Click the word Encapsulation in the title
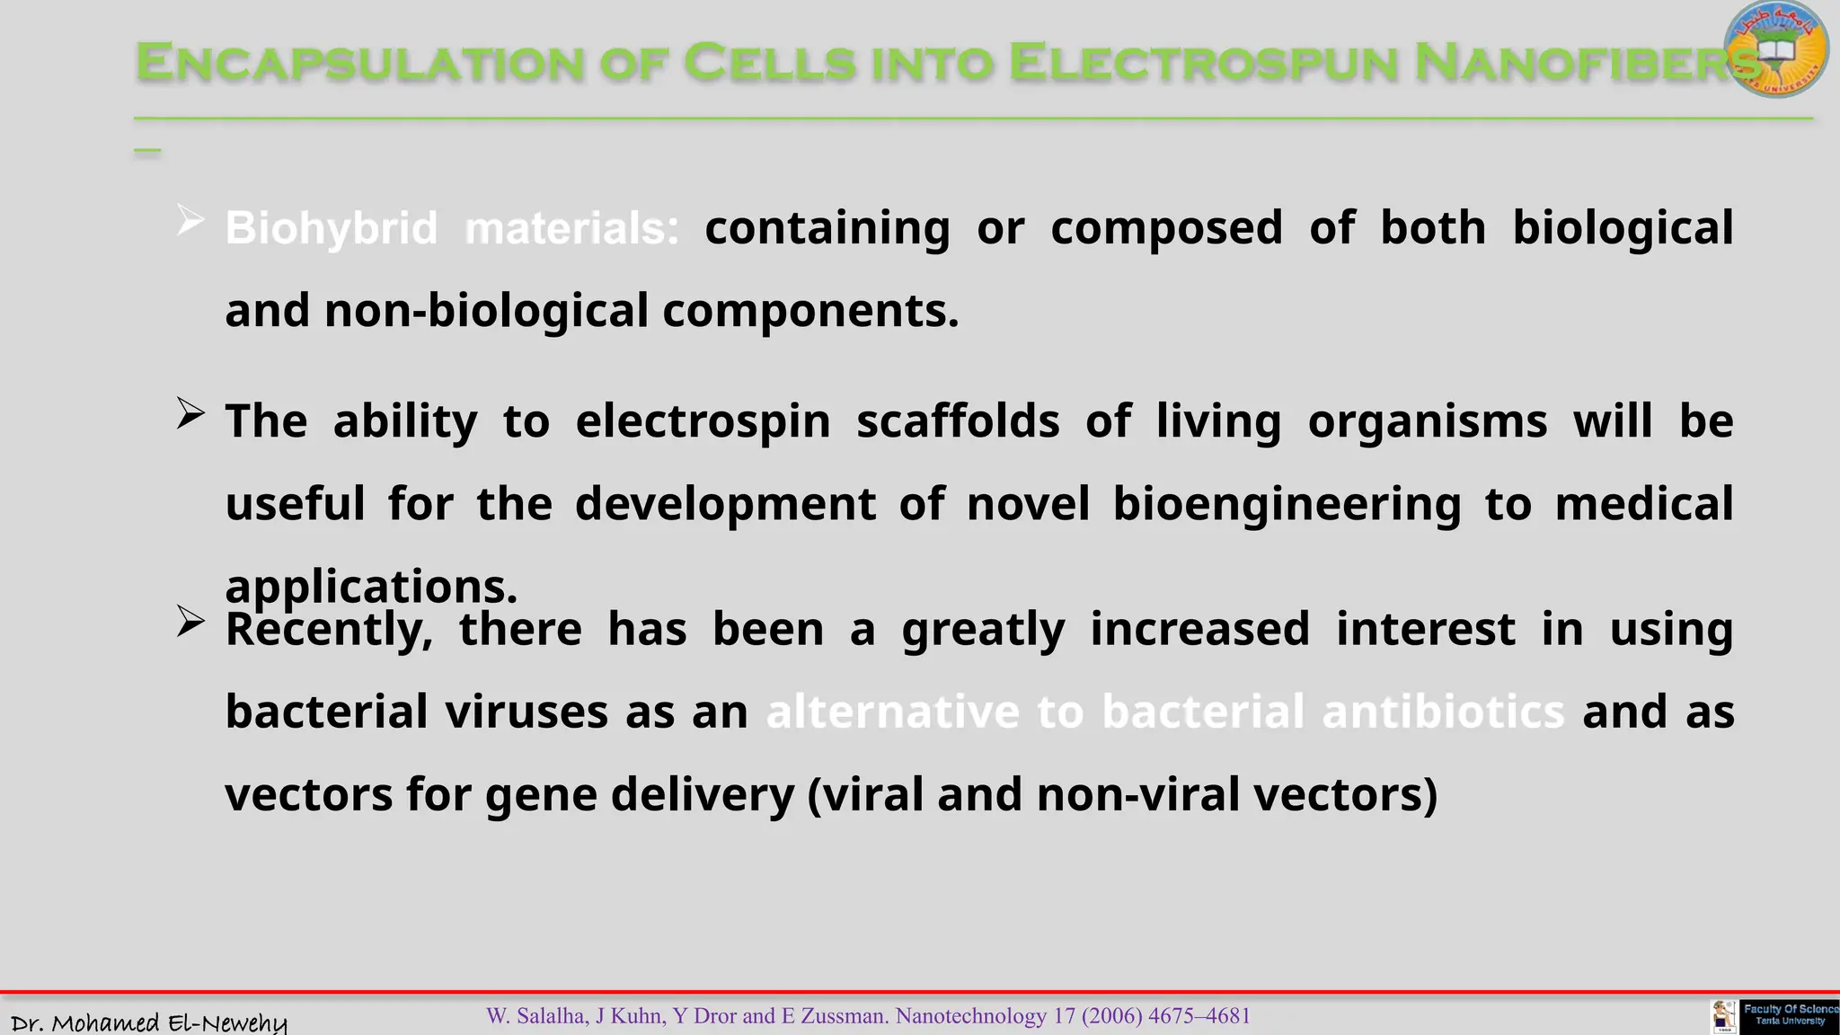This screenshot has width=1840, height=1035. coord(359,63)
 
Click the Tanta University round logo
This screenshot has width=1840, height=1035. coord(1776,49)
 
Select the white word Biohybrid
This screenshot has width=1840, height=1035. coord(331,228)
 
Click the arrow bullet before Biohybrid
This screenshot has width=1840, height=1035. coord(190,220)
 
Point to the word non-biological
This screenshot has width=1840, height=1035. coord(486,312)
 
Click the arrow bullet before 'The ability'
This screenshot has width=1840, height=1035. coord(190,414)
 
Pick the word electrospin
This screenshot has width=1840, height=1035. coord(703,421)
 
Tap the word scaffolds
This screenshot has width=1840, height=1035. coord(958,421)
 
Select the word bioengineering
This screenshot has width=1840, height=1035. coord(1287,504)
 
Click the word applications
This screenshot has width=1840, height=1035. coord(370,587)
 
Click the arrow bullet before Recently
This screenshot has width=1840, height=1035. coord(190,621)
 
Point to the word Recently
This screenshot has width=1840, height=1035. coord(329,629)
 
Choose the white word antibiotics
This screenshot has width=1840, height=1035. coord(1444,712)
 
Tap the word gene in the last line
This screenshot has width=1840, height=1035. coord(541,795)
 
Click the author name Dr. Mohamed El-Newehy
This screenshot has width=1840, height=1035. coord(149,1022)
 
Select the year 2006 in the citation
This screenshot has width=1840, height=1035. coord(1111,1016)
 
